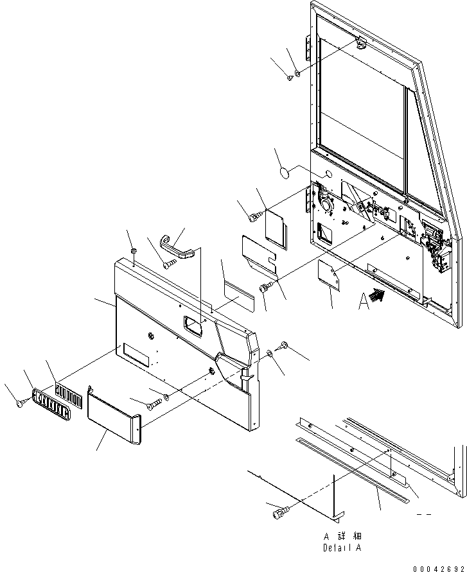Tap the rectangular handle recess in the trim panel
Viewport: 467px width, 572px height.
click(192, 325)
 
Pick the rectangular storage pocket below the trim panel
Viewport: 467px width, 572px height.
click(114, 418)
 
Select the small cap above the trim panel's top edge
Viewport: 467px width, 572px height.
click(131, 249)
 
